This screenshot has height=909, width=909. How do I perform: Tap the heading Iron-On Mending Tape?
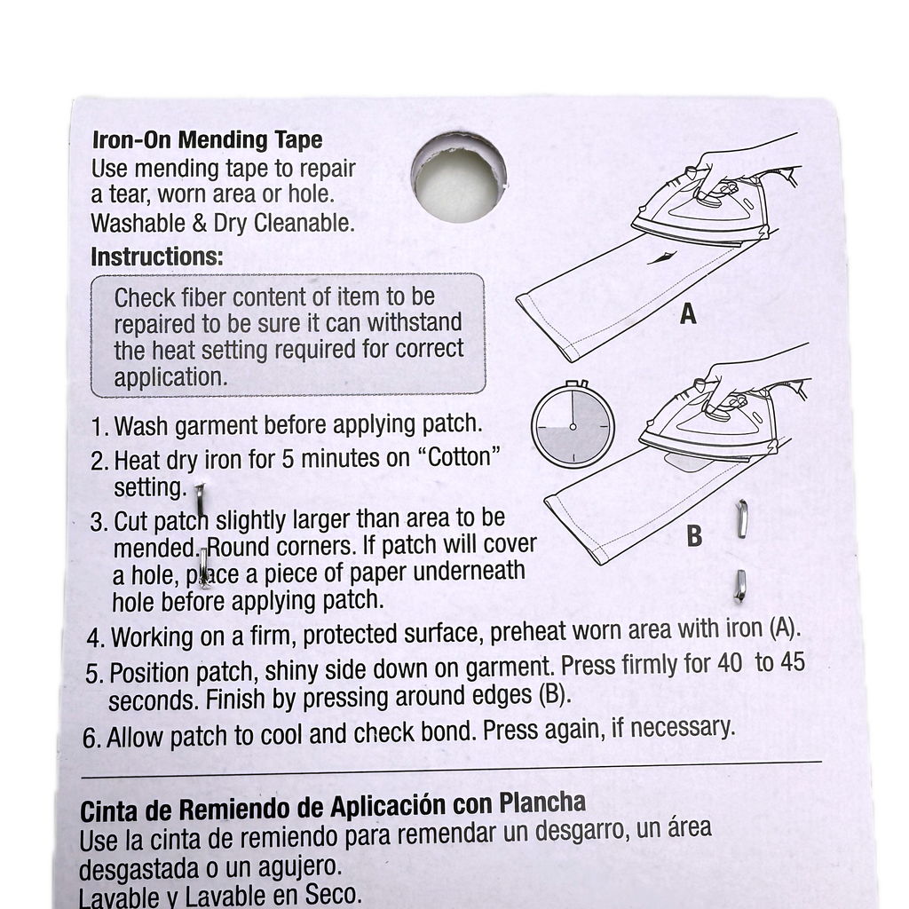point(207,139)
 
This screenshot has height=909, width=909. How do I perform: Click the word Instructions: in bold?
point(156,257)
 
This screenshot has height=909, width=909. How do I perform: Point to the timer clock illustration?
point(573,425)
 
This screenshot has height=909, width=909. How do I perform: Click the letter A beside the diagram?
point(688,313)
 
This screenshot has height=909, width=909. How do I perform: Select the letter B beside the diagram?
point(694,535)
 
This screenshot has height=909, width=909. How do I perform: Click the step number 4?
point(94,638)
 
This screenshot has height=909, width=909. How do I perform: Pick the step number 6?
point(91,739)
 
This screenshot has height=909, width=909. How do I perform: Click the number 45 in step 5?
point(793,661)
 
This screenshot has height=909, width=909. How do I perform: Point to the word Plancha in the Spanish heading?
point(542,803)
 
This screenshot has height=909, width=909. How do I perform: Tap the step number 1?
point(98,427)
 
